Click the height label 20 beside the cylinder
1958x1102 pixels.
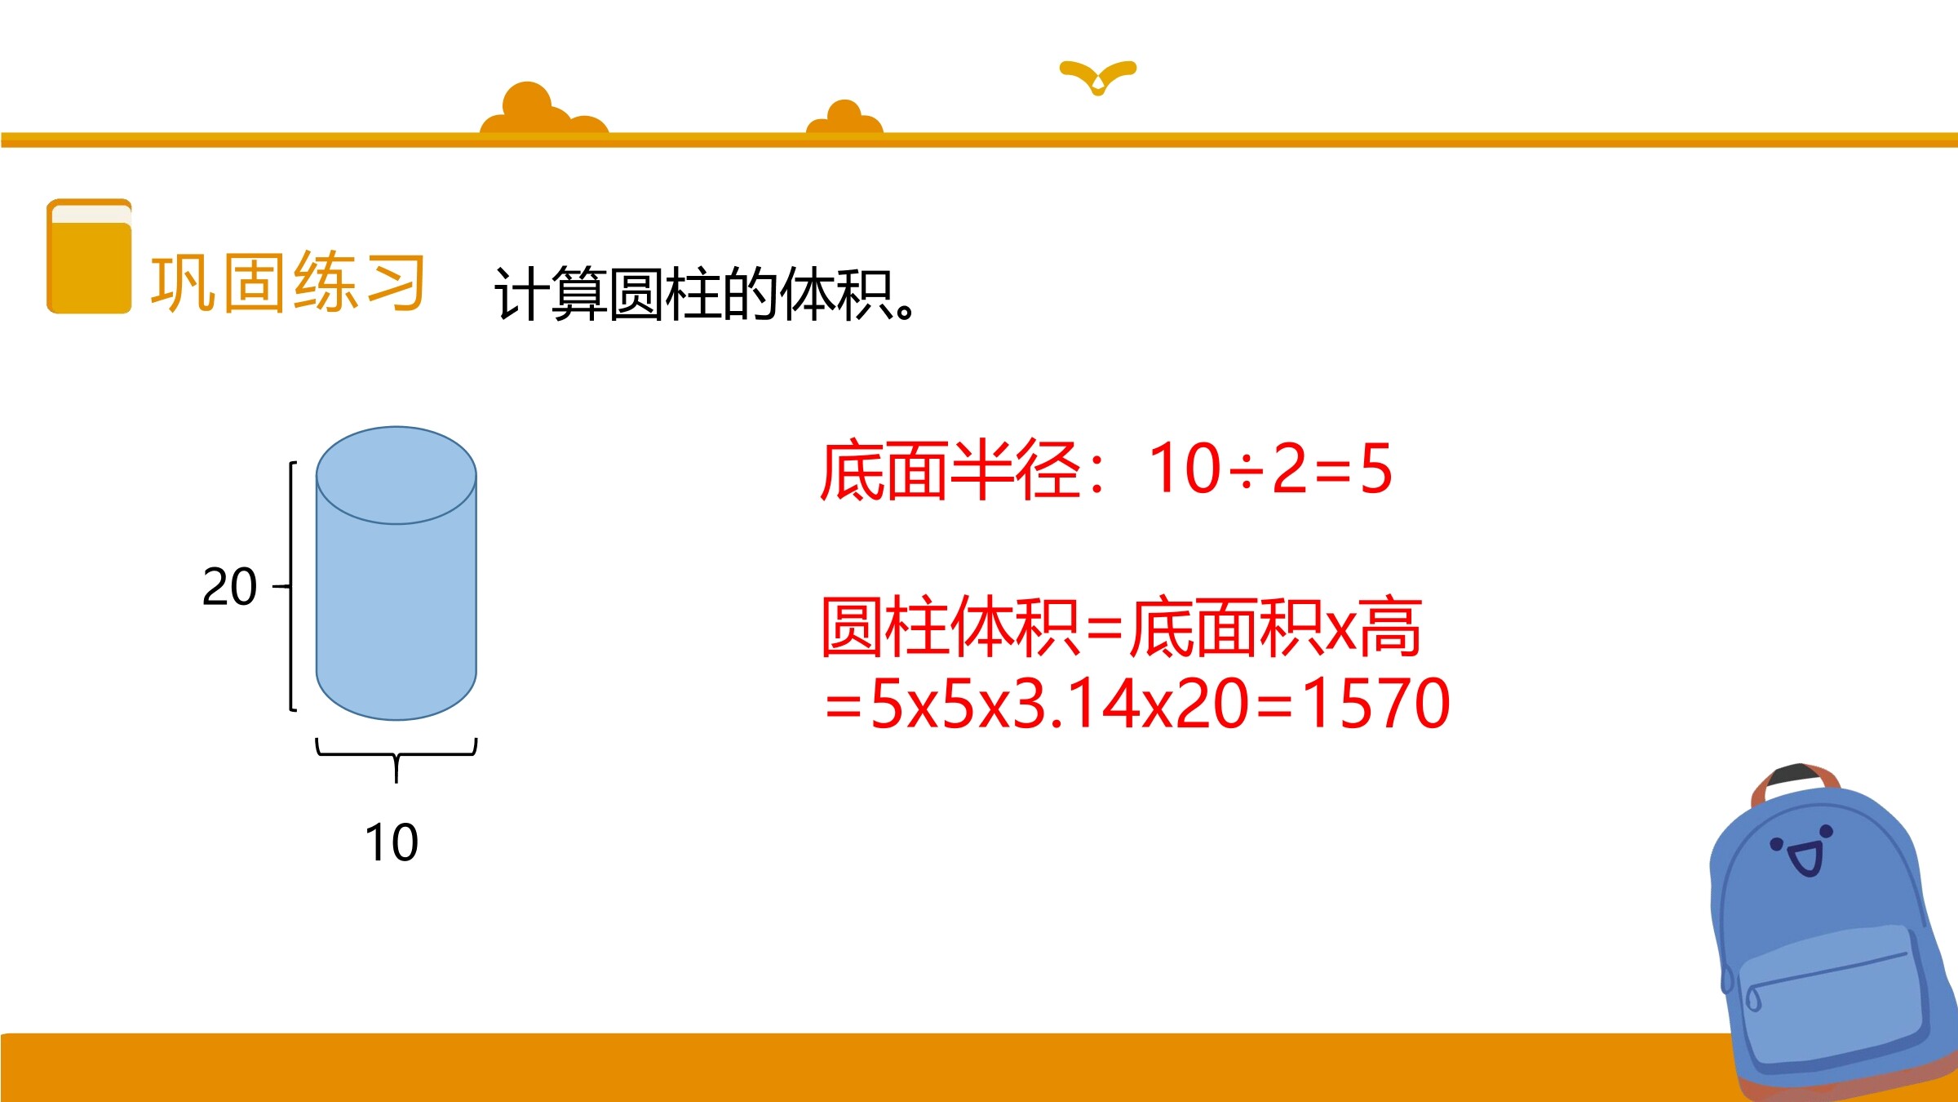coord(229,586)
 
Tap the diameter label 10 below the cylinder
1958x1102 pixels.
coord(392,842)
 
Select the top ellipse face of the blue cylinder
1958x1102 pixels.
coord(396,475)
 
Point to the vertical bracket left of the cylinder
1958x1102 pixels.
coord(292,586)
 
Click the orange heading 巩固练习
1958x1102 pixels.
coord(288,282)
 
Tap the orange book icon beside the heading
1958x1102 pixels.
coord(89,256)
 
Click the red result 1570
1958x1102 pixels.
coord(1376,703)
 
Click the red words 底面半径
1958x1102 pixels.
coord(951,469)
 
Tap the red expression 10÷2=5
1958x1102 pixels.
coord(1270,469)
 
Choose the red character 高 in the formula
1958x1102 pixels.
coord(1389,626)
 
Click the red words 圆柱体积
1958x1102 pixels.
coord(950,626)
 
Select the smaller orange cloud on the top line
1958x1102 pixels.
coord(845,118)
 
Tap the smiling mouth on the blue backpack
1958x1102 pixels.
coord(1805,860)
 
